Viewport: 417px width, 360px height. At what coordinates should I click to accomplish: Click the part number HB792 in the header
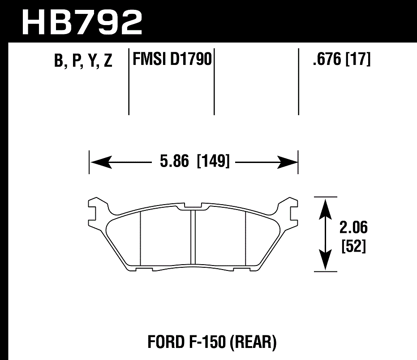(82, 21)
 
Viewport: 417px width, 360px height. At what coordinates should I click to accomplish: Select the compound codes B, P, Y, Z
(83, 60)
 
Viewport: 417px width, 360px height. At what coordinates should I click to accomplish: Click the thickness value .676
(327, 59)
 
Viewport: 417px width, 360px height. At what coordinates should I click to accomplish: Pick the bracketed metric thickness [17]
(358, 59)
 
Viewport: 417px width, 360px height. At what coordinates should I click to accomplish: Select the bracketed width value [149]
(213, 161)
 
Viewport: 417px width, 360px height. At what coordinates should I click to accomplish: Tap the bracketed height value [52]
(353, 246)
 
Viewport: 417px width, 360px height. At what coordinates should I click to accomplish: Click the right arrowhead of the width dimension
(288, 162)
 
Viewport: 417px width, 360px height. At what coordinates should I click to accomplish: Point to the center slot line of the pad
(194, 237)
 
